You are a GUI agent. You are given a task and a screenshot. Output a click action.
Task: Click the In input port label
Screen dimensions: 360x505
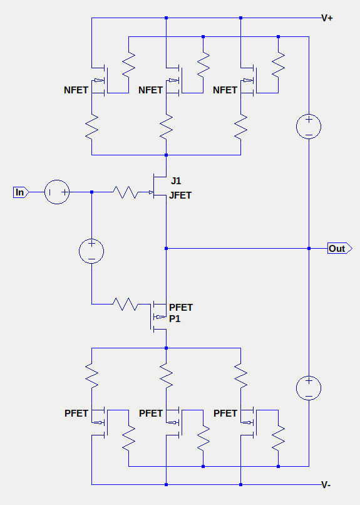[21, 192]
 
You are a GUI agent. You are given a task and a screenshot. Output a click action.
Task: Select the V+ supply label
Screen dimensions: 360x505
[327, 18]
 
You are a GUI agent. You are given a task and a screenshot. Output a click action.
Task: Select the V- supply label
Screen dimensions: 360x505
[326, 485]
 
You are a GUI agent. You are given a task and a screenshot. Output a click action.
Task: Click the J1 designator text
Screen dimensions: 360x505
[176, 181]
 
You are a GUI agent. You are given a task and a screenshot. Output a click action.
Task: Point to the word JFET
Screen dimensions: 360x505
[180, 195]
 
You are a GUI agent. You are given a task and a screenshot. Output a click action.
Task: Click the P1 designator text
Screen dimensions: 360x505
[175, 318]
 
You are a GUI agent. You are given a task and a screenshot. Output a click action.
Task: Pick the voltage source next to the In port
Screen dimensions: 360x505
[57, 192]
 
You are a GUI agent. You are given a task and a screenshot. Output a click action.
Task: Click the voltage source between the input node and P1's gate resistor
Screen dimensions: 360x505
[91, 251]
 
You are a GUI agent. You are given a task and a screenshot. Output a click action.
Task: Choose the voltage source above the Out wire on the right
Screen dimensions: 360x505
[309, 127]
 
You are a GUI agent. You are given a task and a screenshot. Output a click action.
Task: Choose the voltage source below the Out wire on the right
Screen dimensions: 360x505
[309, 388]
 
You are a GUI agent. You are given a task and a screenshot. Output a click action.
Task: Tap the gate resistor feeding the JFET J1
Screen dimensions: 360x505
[125, 192]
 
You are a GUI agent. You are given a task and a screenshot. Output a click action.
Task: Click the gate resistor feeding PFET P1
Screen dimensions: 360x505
[125, 304]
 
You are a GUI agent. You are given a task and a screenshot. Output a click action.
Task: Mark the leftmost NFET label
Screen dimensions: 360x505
[76, 90]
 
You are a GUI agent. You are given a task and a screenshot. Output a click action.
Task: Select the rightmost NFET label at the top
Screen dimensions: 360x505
[225, 90]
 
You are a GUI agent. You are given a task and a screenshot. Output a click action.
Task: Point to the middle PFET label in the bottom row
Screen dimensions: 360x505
[150, 414]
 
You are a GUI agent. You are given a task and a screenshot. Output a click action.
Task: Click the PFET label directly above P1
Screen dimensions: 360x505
[181, 308]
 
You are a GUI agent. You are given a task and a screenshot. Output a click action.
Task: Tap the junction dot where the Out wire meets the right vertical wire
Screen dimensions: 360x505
[309, 249]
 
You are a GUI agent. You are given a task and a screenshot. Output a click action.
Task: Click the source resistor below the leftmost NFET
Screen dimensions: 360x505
[91, 127]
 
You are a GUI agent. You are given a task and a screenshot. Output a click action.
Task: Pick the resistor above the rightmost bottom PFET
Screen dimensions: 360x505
[240, 375]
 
